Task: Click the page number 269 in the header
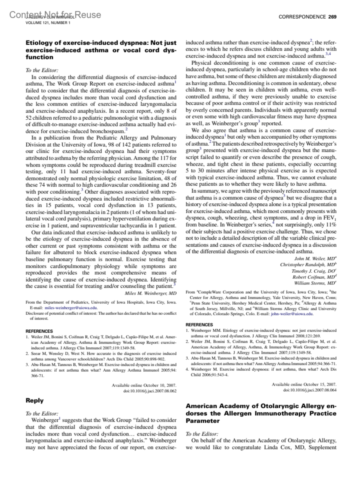pos(332,17)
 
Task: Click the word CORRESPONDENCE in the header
pos(302,17)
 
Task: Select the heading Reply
pos(34,400)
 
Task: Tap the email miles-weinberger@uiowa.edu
pos(71,308)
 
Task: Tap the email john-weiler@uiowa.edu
pos(292,314)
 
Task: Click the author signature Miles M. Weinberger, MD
pos(151,293)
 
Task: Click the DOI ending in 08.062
pos(150,391)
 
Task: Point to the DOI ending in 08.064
pos(310,390)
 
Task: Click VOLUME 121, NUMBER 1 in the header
pos(48,23)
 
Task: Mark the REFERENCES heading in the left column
pos(39,331)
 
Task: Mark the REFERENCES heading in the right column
pos(199,325)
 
